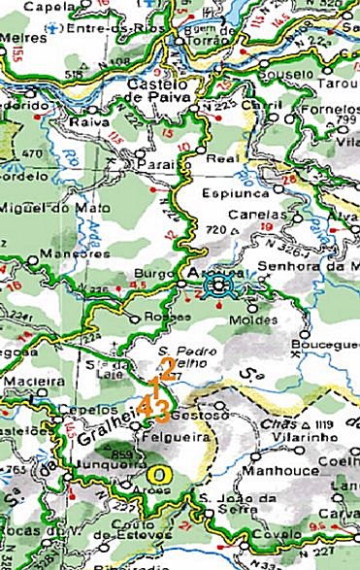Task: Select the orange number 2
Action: tap(167, 368)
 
